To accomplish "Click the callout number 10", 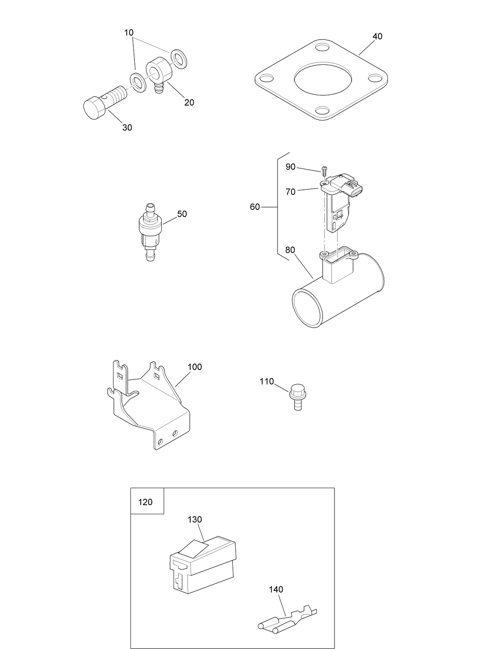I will pyautogui.click(x=129, y=33).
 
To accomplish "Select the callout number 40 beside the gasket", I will pyautogui.click(x=377, y=36).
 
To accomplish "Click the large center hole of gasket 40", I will pyautogui.click(x=322, y=79).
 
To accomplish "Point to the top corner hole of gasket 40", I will pyautogui.click(x=322, y=47).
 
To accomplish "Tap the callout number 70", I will pyautogui.click(x=291, y=192).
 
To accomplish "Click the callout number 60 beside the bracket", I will pyautogui.click(x=255, y=207).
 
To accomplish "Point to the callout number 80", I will pyautogui.click(x=290, y=250).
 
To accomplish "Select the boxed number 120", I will pyautogui.click(x=146, y=502).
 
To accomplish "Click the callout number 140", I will pyautogui.click(x=276, y=590).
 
